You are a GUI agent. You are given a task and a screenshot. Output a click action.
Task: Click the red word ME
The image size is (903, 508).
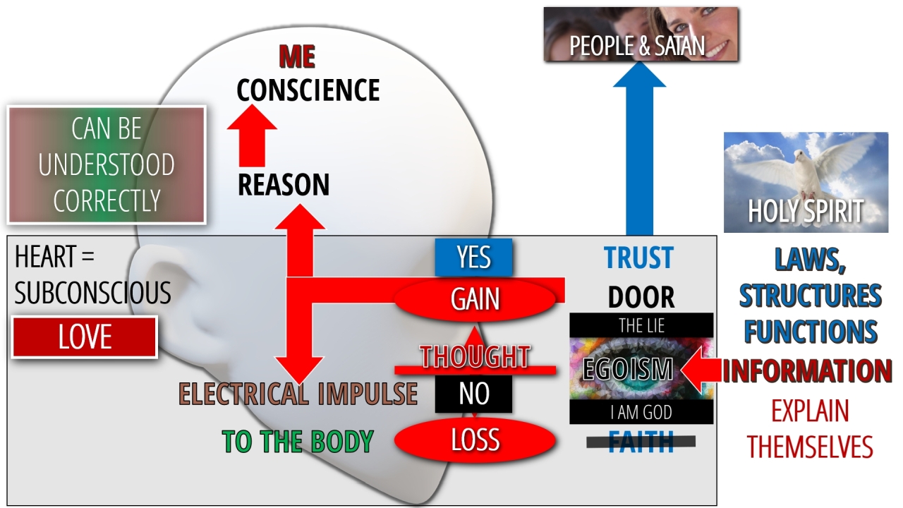(297, 57)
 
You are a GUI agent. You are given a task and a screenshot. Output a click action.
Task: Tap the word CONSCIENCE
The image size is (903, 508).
(308, 90)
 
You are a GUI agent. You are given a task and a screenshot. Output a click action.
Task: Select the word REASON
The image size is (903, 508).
(284, 185)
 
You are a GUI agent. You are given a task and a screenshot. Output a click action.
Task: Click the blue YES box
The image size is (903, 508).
(473, 258)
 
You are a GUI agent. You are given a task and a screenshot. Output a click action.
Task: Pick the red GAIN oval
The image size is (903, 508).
(475, 299)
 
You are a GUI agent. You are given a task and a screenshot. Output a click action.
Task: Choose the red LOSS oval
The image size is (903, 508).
(475, 440)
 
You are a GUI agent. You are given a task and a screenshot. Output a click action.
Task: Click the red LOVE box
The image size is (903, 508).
(85, 337)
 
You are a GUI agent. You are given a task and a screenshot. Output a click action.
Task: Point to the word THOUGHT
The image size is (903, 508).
(475, 357)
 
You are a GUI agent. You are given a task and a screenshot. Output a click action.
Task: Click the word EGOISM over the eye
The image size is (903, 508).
(627, 369)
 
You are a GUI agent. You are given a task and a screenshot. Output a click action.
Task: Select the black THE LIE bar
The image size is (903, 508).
(641, 325)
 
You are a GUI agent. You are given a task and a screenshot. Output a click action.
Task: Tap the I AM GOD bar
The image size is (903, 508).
(641, 412)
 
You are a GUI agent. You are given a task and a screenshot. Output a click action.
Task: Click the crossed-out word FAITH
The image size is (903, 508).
(641, 442)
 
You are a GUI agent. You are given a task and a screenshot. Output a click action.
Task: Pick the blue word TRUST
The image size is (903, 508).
(638, 259)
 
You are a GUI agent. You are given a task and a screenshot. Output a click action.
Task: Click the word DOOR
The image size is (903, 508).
(641, 298)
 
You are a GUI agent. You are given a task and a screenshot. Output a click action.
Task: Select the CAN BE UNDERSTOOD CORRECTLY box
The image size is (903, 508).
(107, 165)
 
